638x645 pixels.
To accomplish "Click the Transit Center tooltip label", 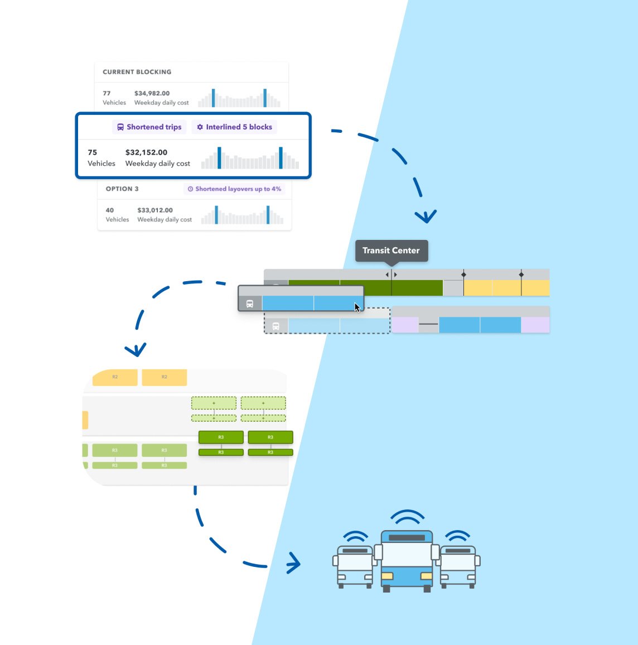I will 391,251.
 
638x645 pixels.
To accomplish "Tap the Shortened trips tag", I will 149,127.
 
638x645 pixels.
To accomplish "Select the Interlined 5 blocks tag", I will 234,127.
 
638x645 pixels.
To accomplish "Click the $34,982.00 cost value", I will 152,93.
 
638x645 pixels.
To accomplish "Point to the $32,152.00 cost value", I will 146,152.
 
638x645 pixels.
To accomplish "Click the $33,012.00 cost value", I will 155,210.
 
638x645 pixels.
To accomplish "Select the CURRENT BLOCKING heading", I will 137,72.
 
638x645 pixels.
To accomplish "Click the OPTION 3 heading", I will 122,189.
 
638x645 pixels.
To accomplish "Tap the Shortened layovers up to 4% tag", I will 234,189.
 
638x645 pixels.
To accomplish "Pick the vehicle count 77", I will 107,93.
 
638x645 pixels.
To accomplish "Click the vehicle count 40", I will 110,210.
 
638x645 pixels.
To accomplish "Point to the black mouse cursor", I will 357,307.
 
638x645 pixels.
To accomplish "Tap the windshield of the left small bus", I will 355,562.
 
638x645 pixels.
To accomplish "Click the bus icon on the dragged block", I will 250,304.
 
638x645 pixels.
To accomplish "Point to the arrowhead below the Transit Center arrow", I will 426,216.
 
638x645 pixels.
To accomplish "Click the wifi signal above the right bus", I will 458,536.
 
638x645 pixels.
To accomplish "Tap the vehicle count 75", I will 93,152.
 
